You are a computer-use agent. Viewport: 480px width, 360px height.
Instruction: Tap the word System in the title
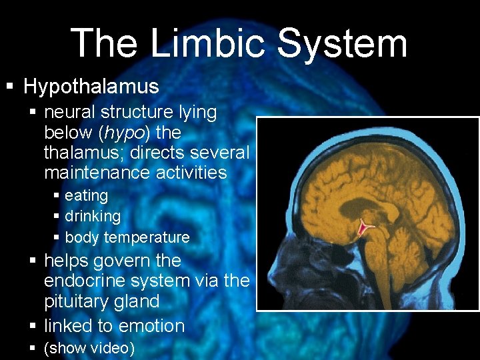(341, 44)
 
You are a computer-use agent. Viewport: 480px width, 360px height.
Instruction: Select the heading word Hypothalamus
(91, 87)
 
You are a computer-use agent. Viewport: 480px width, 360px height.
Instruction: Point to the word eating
(86, 195)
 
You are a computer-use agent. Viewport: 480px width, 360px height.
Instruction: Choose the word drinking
(93, 216)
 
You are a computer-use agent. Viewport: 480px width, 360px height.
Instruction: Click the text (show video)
(89, 349)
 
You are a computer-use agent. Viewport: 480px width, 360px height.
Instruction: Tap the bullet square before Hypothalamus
(9, 87)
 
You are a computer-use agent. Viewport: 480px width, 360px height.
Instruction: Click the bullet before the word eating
(57, 196)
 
